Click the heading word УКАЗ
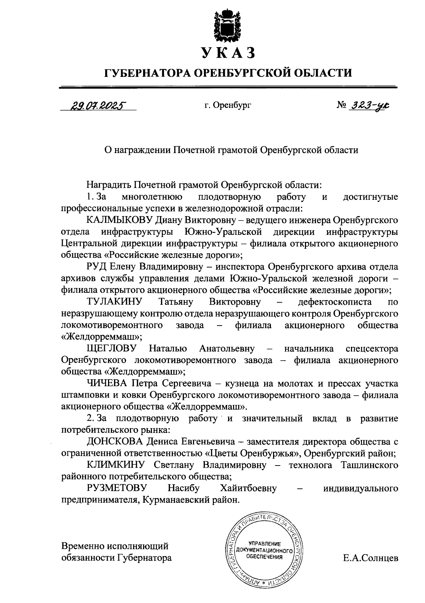tap(228, 53)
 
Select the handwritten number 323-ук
tap(370, 105)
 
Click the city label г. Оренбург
tap(228, 105)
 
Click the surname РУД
tap(96, 267)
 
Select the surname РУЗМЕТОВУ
tap(117, 488)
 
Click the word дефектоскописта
tap(335, 302)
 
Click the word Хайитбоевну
tap(248, 488)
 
